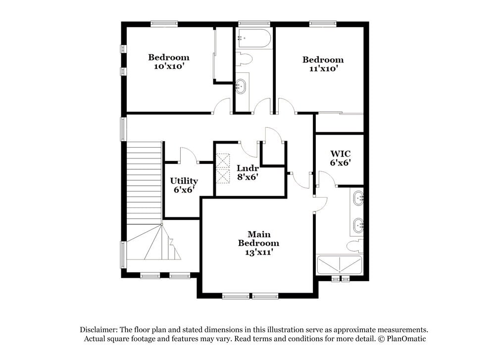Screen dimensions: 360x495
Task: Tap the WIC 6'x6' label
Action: click(340, 157)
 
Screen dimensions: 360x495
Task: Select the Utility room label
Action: click(184, 185)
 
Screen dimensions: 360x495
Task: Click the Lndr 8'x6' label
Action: click(246, 171)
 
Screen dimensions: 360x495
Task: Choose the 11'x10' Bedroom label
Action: click(323, 64)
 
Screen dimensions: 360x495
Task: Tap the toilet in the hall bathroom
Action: click(244, 59)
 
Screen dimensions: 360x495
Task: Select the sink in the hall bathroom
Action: click(241, 86)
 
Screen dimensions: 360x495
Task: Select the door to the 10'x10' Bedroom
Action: click(223, 105)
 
